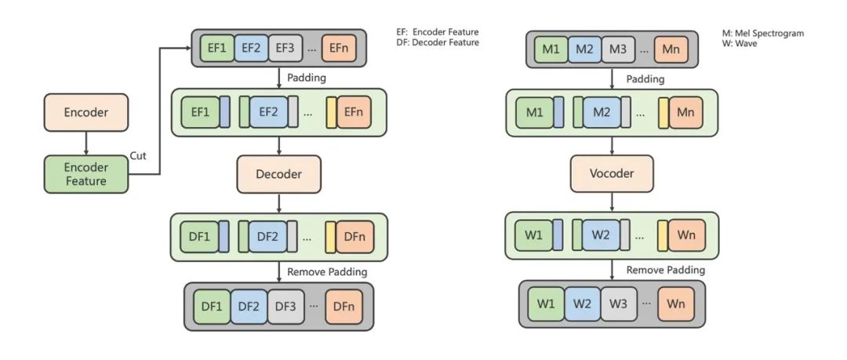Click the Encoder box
[86, 113]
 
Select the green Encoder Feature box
[86, 174]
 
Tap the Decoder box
[280, 173]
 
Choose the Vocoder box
[612, 173]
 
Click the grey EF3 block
[284, 49]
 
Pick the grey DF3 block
[284, 305]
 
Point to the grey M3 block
[618, 50]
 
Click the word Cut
[138, 155]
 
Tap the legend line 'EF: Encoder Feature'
[438, 32]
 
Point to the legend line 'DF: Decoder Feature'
[438, 42]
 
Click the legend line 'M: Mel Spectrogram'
[763, 34]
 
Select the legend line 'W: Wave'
[739, 44]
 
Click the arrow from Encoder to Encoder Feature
[86, 144]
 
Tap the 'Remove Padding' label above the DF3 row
[327, 271]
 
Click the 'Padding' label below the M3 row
[645, 78]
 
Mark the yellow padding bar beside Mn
[663, 112]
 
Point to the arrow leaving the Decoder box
[280, 202]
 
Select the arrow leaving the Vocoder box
[612, 202]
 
